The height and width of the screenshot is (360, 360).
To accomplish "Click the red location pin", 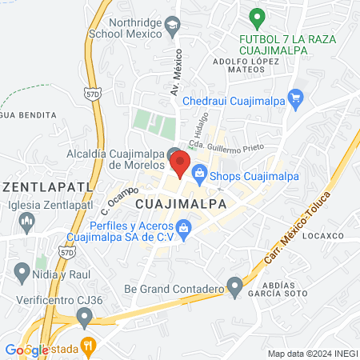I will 181,164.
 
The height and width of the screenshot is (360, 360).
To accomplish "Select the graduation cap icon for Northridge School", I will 172,26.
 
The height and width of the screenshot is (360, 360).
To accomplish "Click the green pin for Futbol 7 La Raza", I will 256,16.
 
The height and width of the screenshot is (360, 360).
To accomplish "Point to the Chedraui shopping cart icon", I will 296,101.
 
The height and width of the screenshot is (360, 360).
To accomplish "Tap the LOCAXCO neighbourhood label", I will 323,236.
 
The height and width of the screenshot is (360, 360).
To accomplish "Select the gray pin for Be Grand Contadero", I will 234,285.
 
